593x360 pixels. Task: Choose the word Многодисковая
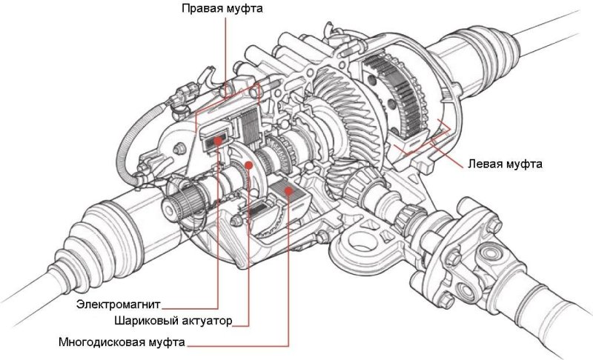(102, 343)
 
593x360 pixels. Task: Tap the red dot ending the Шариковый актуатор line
(250, 164)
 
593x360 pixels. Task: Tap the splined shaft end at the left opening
(180, 201)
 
